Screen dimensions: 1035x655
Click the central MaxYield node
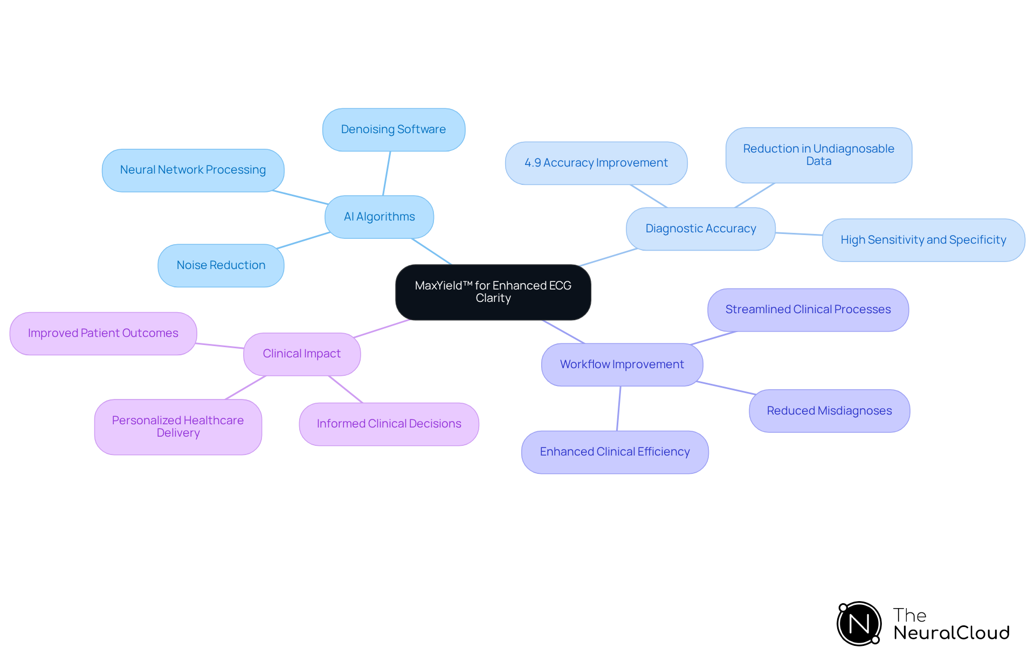[493, 292]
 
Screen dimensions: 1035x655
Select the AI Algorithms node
[379, 217]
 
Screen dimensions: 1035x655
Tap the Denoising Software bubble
[394, 129]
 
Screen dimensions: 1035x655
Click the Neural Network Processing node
[193, 170]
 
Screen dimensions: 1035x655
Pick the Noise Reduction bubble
[221, 265]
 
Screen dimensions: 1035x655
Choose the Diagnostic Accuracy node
[700, 229]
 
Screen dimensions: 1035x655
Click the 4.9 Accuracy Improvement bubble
[596, 163]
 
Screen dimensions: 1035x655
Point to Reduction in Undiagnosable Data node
[818, 155]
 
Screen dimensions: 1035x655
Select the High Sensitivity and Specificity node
[923, 240]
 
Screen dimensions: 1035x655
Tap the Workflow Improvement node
[622, 364]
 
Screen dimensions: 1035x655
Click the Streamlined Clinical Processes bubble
[808, 309]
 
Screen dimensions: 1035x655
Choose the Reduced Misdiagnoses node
[829, 411]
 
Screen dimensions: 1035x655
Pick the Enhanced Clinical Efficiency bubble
[615, 452]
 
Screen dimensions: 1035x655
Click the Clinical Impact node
[302, 354]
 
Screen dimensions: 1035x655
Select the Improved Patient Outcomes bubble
[103, 333]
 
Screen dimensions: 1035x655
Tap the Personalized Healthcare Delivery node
[178, 426]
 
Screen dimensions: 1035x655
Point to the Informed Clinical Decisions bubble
[389, 424]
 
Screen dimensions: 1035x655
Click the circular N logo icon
[859, 624]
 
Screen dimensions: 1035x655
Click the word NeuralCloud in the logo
[951, 632]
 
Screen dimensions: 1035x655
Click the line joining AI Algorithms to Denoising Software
[387, 174]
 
